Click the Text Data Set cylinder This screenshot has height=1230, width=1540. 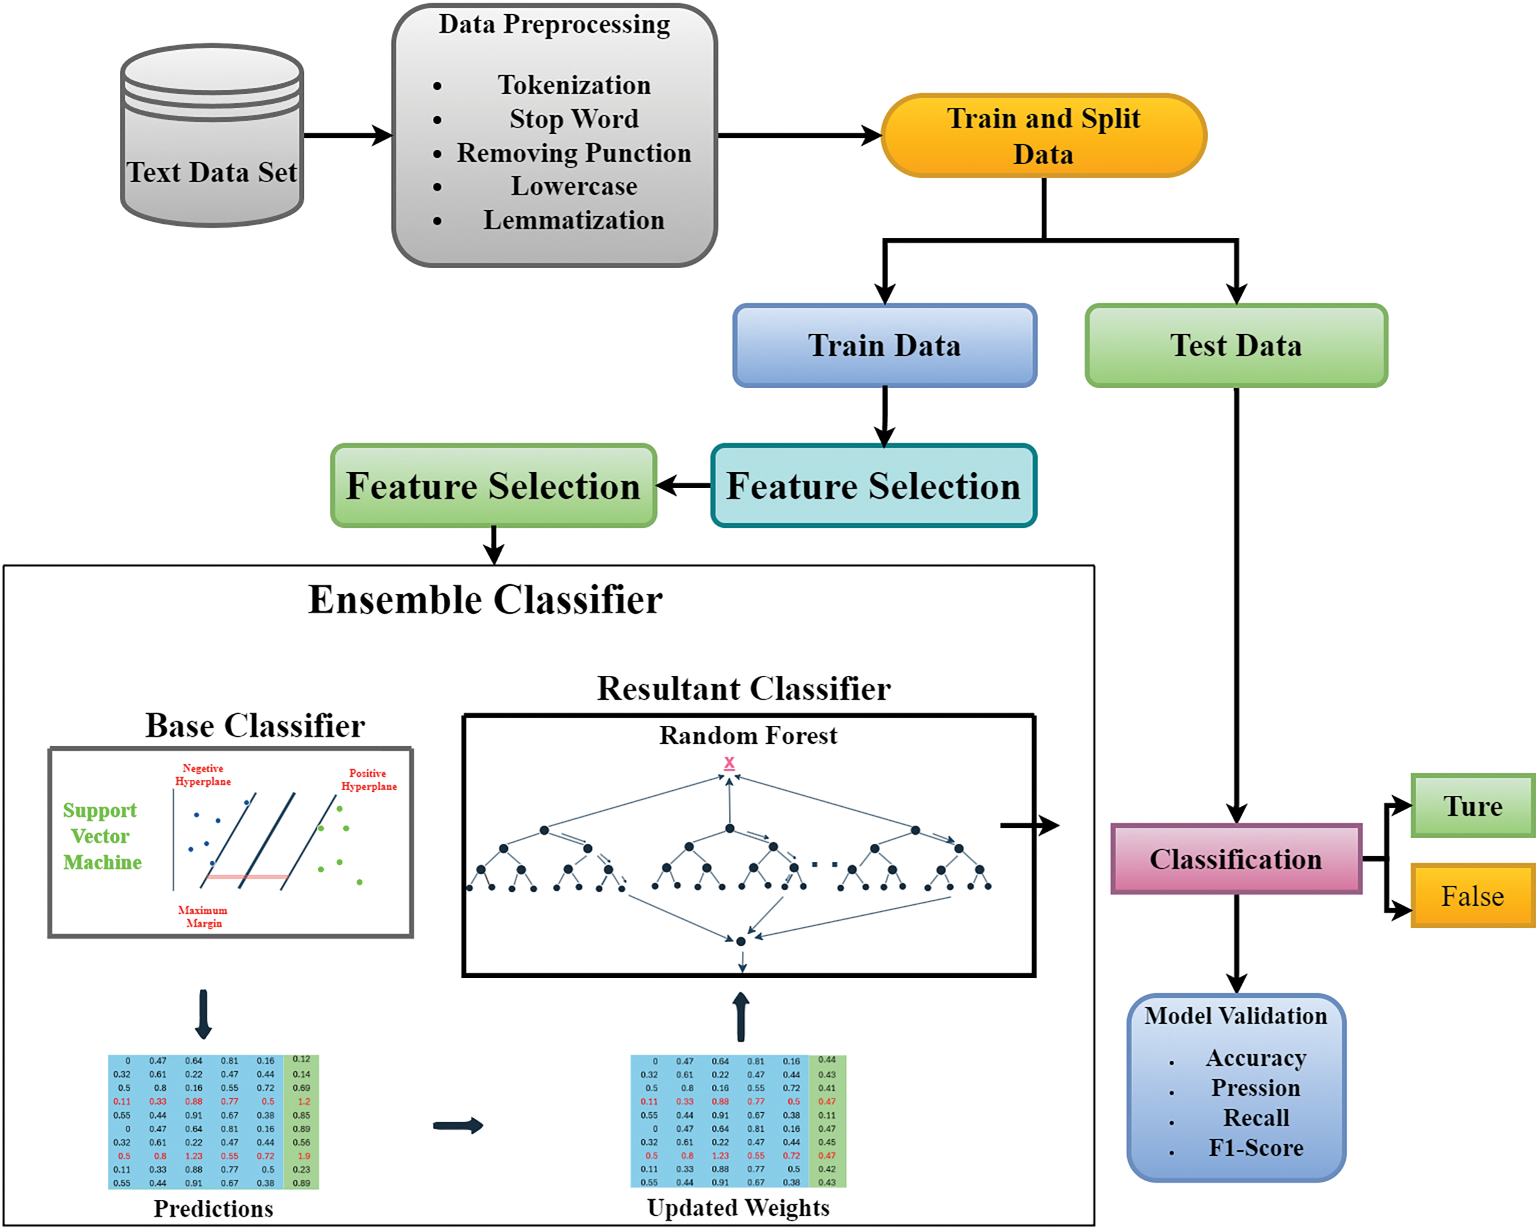click(x=212, y=136)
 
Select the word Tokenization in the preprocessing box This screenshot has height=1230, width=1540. click(x=574, y=85)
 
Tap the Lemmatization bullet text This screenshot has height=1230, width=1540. click(x=573, y=220)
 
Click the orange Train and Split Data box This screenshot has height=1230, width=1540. click(x=1044, y=136)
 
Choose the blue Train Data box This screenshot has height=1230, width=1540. click(x=884, y=346)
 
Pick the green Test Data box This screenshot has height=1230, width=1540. click(x=1236, y=346)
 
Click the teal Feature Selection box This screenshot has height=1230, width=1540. click(x=873, y=485)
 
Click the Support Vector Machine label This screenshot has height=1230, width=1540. click(x=101, y=836)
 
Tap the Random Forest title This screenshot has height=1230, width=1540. click(x=748, y=735)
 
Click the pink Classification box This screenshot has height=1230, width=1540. click(x=1236, y=859)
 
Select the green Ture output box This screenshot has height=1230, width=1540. click(x=1473, y=805)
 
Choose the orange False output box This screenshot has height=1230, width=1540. click(x=1473, y=896)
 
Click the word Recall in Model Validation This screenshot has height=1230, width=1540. click(x=1256, y=1117)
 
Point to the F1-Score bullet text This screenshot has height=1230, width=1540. click(x=1256, y=1148)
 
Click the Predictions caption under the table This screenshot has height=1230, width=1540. click(x=214, y=1209)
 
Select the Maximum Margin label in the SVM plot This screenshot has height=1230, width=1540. click(x=203, y=916)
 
